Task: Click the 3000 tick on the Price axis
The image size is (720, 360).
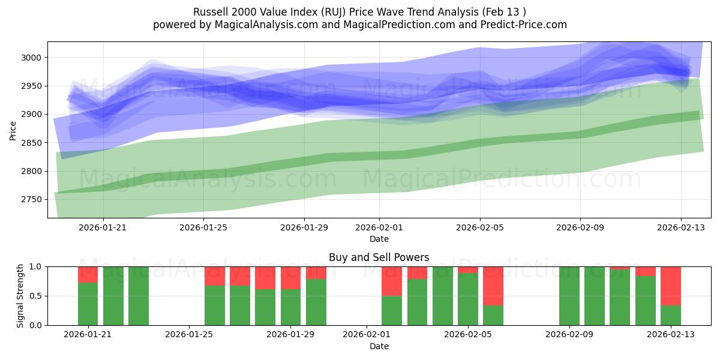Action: tap(31, 58)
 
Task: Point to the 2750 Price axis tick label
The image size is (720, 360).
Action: tap(31, 200)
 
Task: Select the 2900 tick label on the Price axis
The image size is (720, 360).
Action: tap(31, 115)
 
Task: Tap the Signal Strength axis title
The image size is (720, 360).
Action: tap(20, 296)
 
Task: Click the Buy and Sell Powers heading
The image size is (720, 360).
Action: tap(379, 257)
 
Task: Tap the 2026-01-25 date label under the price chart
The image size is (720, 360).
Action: tap(203, 227)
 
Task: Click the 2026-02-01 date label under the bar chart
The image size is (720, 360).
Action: tap(366, 334)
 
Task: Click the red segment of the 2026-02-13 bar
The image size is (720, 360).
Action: tap(670, 286)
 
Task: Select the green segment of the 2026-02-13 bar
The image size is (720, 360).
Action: tap(670, 316)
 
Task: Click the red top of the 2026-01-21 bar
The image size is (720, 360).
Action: tap(88, 274)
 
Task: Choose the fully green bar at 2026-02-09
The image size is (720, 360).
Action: tap(569, 296)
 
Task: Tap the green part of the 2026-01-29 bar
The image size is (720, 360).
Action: tap(290, 307)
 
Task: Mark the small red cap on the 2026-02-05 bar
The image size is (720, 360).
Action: tap(468, 269)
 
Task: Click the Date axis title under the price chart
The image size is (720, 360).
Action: tap(379, 239)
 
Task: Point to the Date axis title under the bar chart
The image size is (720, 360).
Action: tap(379, 346)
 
